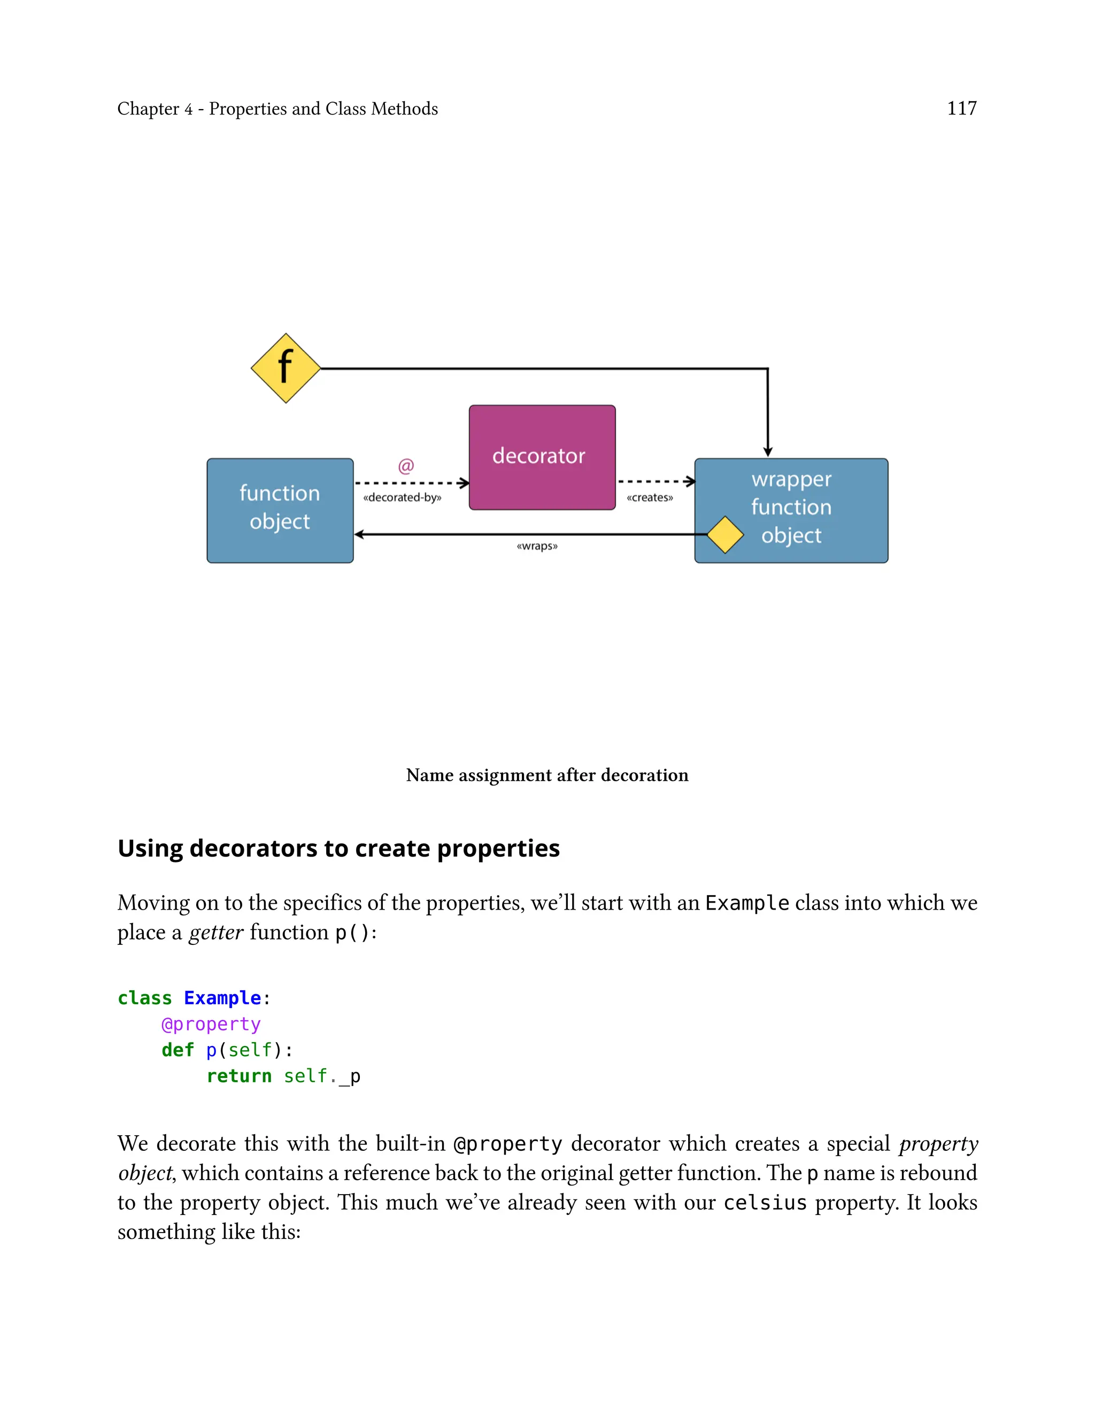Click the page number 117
point(961,108)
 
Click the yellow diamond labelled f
point(286,368)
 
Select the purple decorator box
point(542,457)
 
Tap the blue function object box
point(280,510)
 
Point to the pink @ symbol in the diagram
point(406,465)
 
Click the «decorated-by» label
point(402,498)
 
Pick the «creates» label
point(650,498)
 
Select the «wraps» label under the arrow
point(537,546)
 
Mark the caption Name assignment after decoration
point(547,775)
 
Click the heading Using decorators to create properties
point(338,849)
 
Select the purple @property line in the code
point(211,1024)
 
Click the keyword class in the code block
point(145,998)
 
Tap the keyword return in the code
point(238,1076)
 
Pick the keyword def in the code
point(178,1050)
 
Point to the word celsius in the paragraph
point(765,1203)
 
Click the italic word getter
point(216,933)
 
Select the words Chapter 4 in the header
point(155,109)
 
